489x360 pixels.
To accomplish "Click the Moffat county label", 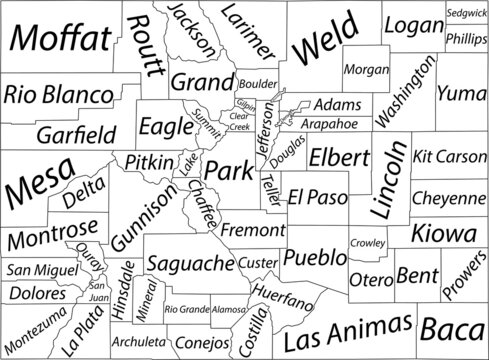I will tap(59, 41).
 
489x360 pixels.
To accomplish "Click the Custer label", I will tap(259, 262).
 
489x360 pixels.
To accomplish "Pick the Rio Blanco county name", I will tap(57, 95).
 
